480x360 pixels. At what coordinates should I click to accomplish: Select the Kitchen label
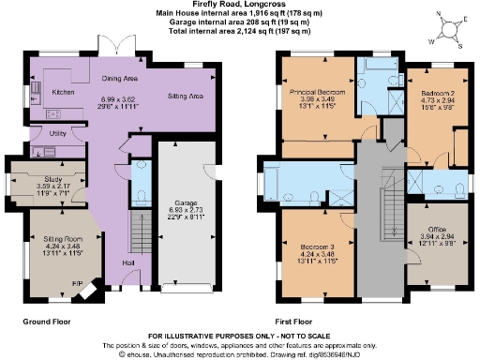click(x=62, y=93)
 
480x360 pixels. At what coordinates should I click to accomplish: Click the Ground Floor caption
click(x=49, y=321)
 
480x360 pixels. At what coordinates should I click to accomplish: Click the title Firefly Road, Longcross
click(x=239, y=5)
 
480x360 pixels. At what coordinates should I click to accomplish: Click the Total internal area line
click(x=239, y=30)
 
